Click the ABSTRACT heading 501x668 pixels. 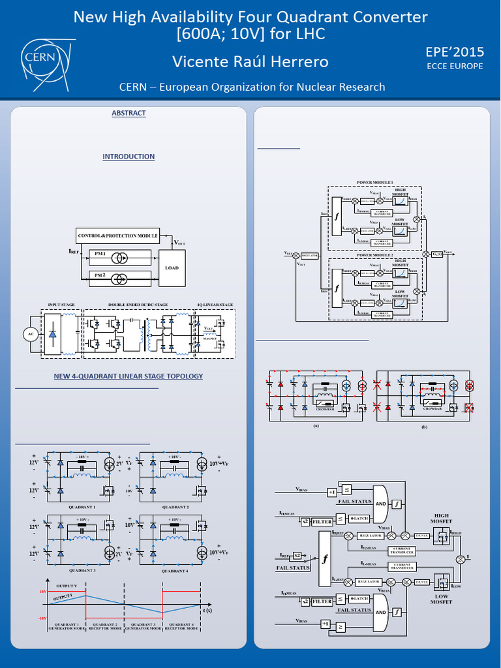point(129,114)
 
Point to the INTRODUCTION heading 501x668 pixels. point(129,157)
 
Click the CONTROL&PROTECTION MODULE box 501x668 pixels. point(118,235)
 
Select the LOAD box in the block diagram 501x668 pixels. point(172,267)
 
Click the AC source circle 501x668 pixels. point(29,334)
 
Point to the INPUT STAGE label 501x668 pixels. point(61,305)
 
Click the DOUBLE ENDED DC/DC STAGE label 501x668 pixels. point(138,305)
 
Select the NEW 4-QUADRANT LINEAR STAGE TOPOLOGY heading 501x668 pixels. point(129,376)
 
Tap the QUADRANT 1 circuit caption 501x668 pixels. point(82,507)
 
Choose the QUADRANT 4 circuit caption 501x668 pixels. point(175,571)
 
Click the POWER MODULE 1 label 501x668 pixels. point(374,182)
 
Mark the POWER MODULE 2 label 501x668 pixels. point(374,255)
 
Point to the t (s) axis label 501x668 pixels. point(207,611)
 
